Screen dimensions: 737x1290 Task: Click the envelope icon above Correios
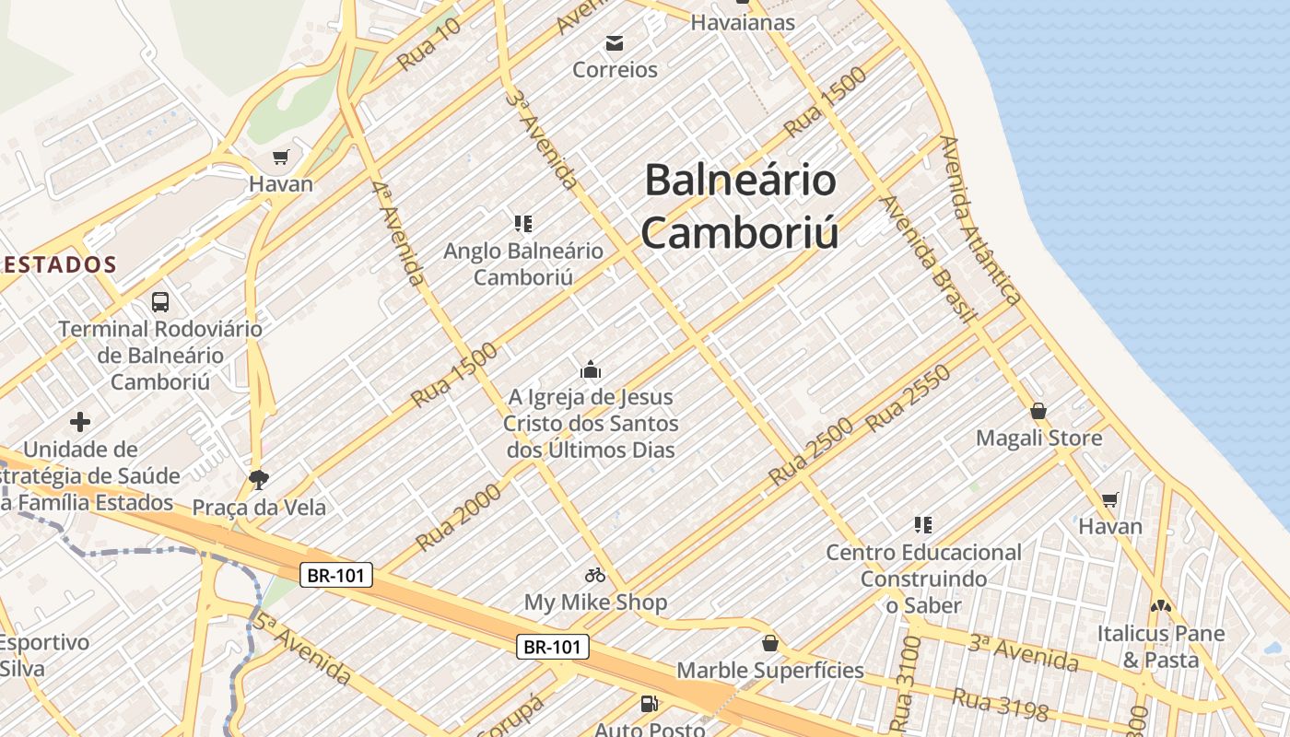click(x=615, y=42)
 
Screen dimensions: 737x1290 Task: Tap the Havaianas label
click(x=743, y=22)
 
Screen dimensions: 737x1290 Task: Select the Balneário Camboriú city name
click(x=740, y=205)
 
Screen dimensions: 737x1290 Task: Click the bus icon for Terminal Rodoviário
click(x=160, y=301)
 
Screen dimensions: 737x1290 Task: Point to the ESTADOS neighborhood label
click(x=59, y=264)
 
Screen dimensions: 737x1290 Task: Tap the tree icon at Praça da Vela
click(x=259, y=479)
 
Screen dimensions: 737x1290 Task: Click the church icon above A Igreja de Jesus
click(x=591, y=370)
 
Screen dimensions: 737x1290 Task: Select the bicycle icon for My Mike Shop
click(x=595, y=575)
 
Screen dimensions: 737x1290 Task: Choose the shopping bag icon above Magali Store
click(x=1038, y=411)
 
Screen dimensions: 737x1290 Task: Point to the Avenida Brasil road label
click(x=927, y=259)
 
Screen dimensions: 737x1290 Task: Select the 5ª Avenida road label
click(x=303, y=649)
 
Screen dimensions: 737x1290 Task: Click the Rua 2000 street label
click(x=459, y=518)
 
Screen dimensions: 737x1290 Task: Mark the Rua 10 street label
click(x=428, y=43)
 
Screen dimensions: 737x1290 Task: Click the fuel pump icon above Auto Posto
click(x=650, y=704)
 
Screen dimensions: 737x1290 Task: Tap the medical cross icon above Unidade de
click(x=80, y=422)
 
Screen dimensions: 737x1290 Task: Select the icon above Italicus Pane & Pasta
click(x=1160, y=606)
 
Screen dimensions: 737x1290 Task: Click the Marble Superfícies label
click(x=770, y=670)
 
